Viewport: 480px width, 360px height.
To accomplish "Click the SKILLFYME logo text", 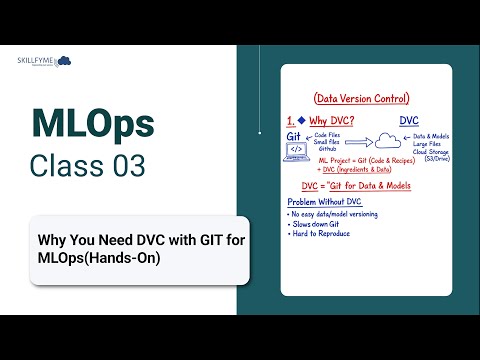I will tap(33, 61).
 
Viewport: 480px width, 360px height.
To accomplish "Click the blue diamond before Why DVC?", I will tap(301, 120).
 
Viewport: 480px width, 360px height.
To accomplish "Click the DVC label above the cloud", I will tap(409, 121).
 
